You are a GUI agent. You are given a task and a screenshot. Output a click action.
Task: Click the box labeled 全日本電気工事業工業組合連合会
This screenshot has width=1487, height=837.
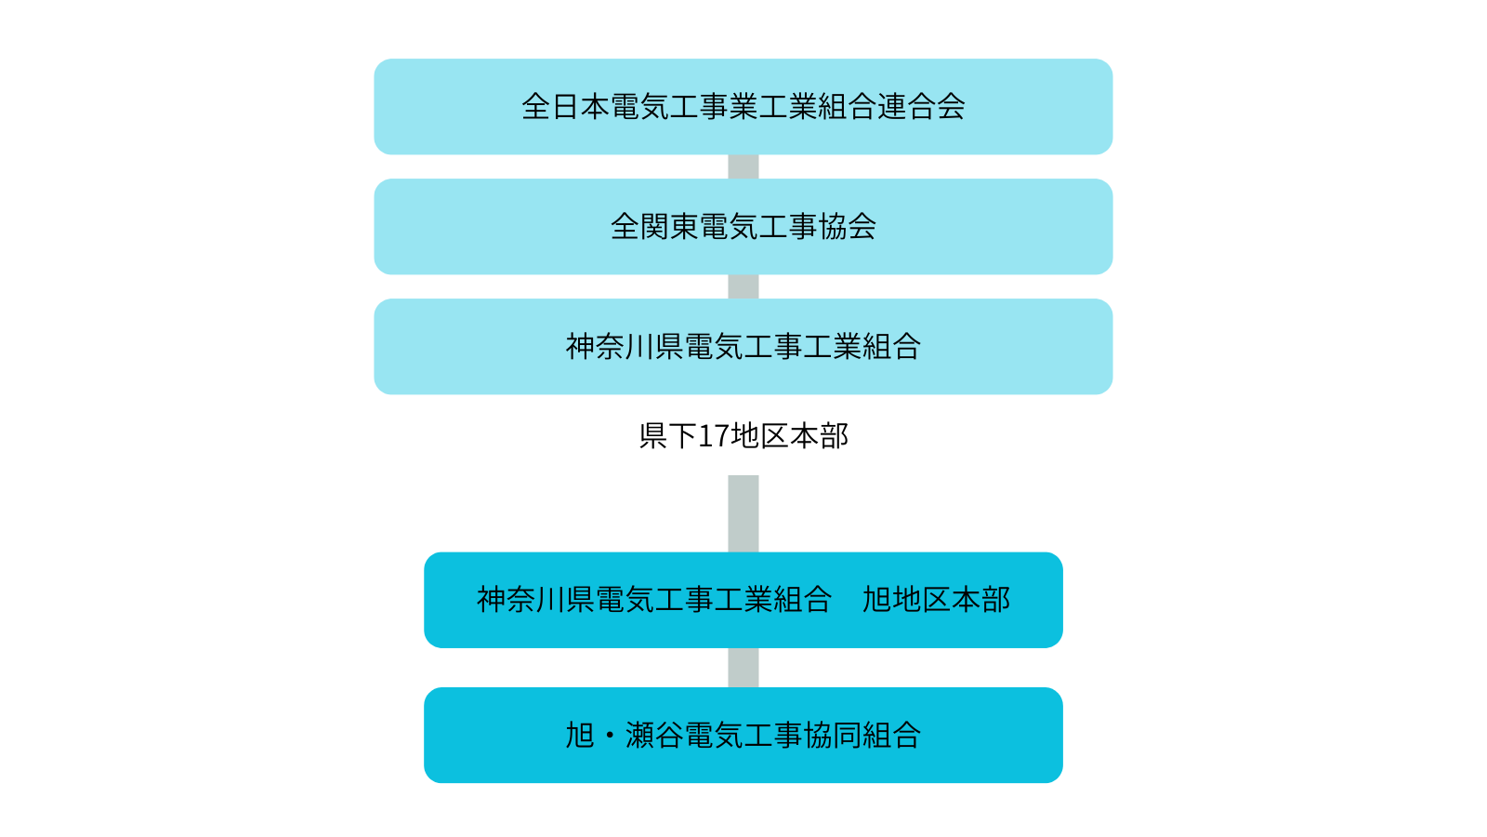click(x=743, y=107)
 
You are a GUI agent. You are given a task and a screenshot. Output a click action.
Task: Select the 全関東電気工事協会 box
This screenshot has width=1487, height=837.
click(x=743, y=227)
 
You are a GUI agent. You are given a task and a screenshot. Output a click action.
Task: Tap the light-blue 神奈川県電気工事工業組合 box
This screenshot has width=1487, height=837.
click(x=743, y=347)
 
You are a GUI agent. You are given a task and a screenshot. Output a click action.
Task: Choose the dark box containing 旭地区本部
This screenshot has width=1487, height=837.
click(x=743, y=600)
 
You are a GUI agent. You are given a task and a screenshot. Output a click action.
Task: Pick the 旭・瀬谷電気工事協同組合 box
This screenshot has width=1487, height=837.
click(x=743, y=735)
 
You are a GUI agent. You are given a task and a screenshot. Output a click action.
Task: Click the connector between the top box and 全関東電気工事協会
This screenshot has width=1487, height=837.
click(x=743, y=166)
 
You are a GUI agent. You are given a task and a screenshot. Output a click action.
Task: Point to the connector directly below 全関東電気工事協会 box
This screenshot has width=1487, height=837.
click(x=743, y=286)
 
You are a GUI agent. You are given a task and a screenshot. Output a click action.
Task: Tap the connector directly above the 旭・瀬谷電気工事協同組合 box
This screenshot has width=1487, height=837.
click(x=743, y=668)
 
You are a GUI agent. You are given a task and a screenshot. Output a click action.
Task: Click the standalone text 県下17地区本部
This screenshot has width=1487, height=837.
click(x=743, y=435)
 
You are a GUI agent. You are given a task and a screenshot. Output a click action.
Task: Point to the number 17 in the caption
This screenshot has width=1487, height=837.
click(x=714, y=435)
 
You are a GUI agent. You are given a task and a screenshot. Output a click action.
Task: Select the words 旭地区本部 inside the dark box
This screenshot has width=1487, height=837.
click(x=936, y=600)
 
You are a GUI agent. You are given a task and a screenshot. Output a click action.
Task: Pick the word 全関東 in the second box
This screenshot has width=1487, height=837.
click(x=654, y=227)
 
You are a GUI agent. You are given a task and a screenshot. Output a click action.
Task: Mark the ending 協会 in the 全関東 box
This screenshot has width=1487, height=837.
click(x=848, y=227)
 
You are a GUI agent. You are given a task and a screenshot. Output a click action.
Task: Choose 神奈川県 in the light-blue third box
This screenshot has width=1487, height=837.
click(x=625, y=347)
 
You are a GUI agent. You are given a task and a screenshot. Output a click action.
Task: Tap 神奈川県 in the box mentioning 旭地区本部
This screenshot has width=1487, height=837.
click(x=535, y=600)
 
